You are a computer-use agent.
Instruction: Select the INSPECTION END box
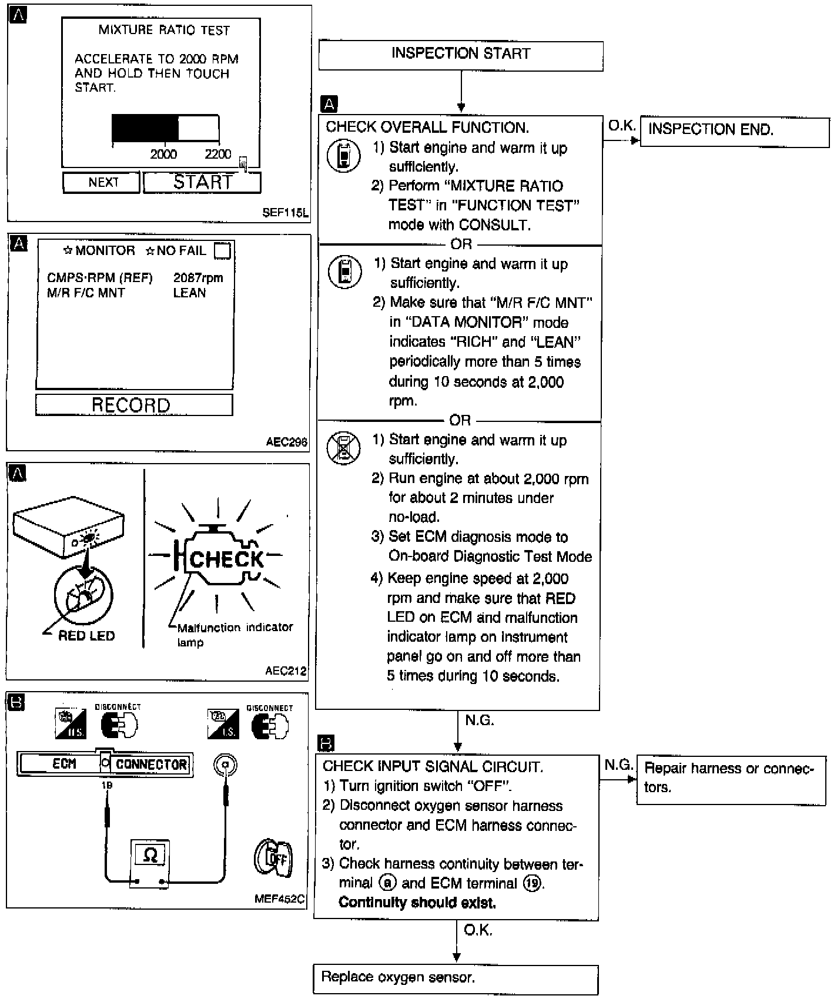[734, 130]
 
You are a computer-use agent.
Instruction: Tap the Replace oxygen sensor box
[456, 979]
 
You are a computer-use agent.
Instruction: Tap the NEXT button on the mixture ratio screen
[102, 183]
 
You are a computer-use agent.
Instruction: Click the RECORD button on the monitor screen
[133, 405]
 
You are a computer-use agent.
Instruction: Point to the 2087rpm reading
[198, 278]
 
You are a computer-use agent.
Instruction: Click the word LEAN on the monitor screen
[189, 293]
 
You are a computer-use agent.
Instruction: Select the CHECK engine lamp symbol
[223, 558]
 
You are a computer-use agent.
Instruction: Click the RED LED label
[86, 636]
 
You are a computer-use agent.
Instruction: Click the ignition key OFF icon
[274, 859]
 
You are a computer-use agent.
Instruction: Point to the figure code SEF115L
[285, 213]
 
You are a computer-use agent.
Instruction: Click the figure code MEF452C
[280, 899]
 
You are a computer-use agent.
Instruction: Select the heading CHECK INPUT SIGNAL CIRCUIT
[433, 766]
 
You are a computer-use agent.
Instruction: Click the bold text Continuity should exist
[417, 903]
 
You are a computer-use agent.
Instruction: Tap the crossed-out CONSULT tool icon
[343, 448]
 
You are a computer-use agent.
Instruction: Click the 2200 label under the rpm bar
[217, 155]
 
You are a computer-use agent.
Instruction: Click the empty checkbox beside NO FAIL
[222, 251]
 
